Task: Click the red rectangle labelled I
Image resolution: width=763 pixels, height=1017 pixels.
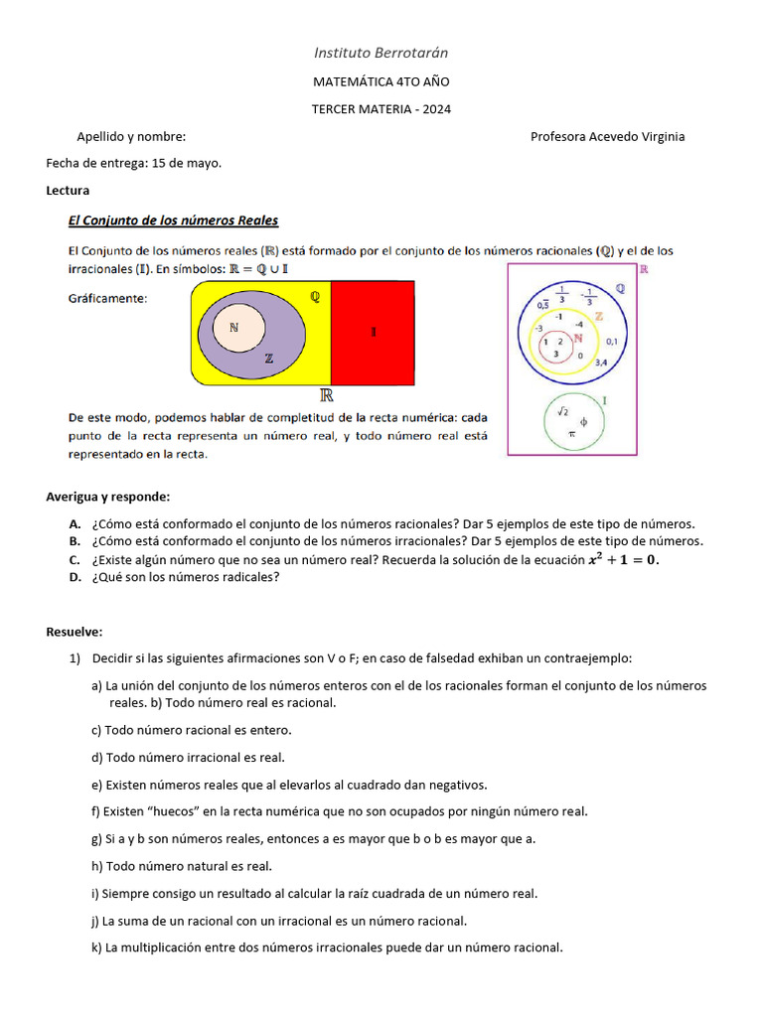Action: coord(375,333)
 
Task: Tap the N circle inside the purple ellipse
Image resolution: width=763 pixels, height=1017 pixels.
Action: coord(233,328)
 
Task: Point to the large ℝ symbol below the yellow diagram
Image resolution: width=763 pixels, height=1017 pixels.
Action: coord(325,395)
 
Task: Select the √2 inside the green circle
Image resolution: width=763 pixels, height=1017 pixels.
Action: coord(561,410)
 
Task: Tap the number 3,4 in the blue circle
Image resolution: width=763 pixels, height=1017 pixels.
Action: coord(601,363)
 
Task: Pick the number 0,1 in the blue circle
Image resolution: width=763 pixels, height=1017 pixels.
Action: coord(611,342)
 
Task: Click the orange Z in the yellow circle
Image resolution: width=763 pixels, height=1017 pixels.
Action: coord(598,316)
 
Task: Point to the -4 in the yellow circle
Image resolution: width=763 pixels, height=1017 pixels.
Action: coord(579,325)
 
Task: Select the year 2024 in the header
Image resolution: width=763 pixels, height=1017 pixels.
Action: coord(435,109)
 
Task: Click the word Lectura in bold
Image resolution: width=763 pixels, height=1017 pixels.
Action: coord(68,190)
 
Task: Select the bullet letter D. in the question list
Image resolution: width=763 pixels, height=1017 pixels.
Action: coord(75,577)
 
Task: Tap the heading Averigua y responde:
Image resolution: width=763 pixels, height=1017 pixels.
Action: coord(108,497)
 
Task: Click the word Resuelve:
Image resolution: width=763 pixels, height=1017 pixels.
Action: coord(75,632)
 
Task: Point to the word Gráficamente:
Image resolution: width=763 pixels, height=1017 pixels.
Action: coord(107,297)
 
